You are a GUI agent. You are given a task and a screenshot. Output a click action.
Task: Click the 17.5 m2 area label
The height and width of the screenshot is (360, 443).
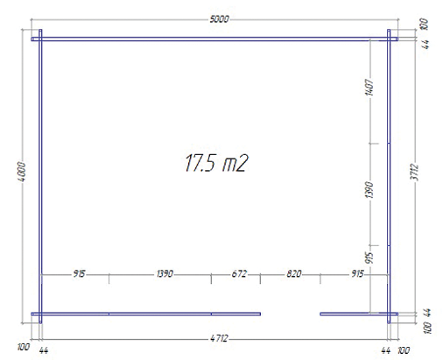(x=216, y=163)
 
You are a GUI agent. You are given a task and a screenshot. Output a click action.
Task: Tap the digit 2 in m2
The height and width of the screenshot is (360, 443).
(x=243, y=163)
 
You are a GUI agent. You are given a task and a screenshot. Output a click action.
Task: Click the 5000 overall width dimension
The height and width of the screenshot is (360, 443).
(x=219, y=19)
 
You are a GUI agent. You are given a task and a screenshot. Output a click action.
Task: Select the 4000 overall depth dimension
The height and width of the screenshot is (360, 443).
(x=22, y=172)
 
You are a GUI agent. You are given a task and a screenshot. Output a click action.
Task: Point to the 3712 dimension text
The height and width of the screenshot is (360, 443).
(x=415, y=173)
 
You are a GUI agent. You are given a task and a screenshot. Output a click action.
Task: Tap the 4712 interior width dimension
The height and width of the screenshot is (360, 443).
(x=219, y=338)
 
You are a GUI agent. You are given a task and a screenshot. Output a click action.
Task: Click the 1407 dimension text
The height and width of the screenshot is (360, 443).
(x=369, y=87)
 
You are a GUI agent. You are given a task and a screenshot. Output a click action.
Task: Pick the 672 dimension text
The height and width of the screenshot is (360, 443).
(x=239, y=274)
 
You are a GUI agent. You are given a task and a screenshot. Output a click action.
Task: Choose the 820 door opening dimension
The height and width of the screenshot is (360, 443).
(x=293, y=274)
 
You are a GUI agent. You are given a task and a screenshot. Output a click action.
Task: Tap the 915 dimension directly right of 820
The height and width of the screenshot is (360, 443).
(x=357, y=274)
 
